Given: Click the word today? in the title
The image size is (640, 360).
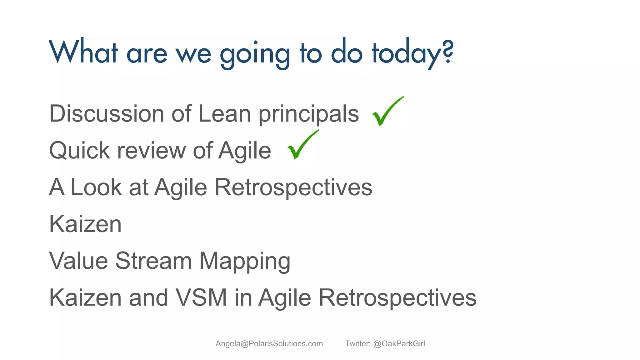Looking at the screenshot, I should [412, 53].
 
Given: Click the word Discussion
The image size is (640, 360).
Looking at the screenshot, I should [107, 113].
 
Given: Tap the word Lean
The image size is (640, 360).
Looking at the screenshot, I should [224, 113].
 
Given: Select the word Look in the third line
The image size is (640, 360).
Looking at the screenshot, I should [96, 187].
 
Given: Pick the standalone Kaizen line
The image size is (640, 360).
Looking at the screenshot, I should [85, 224].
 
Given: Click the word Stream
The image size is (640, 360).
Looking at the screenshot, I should [153, 261].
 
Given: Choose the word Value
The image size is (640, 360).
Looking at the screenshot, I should [79, 261].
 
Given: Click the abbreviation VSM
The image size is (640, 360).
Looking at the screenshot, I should [201, 297].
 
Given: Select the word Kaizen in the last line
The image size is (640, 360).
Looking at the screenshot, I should [85, 297].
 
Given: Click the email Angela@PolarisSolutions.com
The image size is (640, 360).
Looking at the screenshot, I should [269, 343].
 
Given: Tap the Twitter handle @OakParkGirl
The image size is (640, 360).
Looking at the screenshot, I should [399, 343].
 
